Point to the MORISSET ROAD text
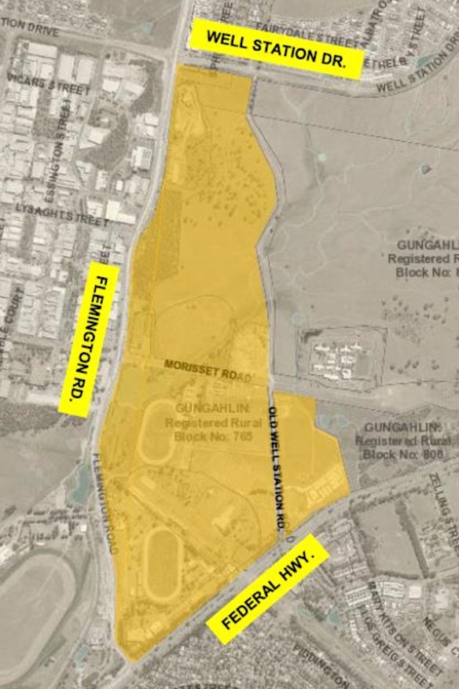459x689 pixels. pyautogui.click(x=207, y=370)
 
